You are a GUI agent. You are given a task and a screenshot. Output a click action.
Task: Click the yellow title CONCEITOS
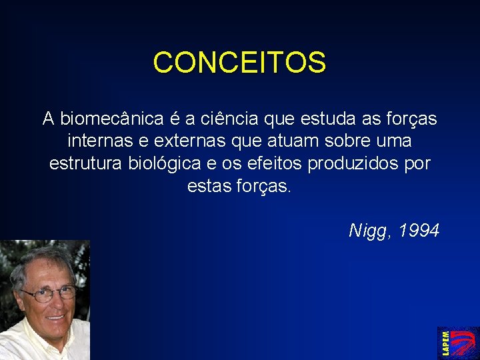[x=239, y=63]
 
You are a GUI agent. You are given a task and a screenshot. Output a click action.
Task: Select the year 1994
[x=418, y=231]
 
